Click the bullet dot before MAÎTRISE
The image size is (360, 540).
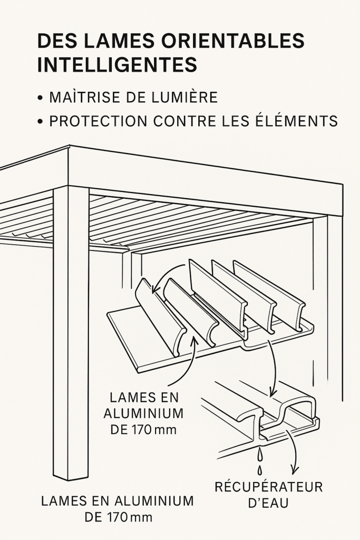click(x=40, y=99)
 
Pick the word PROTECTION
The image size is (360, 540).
click(x=99, y=121)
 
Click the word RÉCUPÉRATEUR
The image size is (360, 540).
click(x=268, y=487)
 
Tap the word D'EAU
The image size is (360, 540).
click(x=268, y=504)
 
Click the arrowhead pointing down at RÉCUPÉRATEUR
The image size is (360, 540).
click(x=293, y=470)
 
